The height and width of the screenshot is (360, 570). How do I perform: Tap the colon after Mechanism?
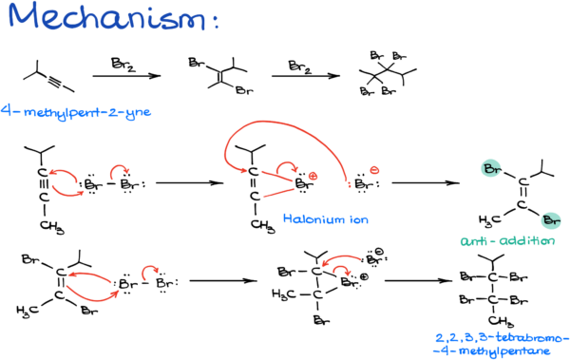[216, 21]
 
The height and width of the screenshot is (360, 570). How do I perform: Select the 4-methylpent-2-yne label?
[76, 112]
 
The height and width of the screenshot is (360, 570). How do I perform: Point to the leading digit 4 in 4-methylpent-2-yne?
[5, 111]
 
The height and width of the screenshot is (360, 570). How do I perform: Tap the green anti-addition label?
[507, 241]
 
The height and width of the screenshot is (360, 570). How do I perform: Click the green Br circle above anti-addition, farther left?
[490, 169]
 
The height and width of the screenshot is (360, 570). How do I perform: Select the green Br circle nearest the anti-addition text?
[551, 221]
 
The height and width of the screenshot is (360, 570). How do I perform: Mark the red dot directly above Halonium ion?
[313, 176]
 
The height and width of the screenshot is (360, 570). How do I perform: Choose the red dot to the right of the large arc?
[374, 170]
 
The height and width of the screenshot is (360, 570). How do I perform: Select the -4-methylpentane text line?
[492, 351]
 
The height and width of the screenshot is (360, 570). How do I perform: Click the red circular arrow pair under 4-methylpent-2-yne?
[66, 182]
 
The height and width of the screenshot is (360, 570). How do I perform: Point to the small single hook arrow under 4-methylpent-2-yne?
[119, 171]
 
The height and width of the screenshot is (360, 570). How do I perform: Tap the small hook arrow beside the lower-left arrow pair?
[150, 273]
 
